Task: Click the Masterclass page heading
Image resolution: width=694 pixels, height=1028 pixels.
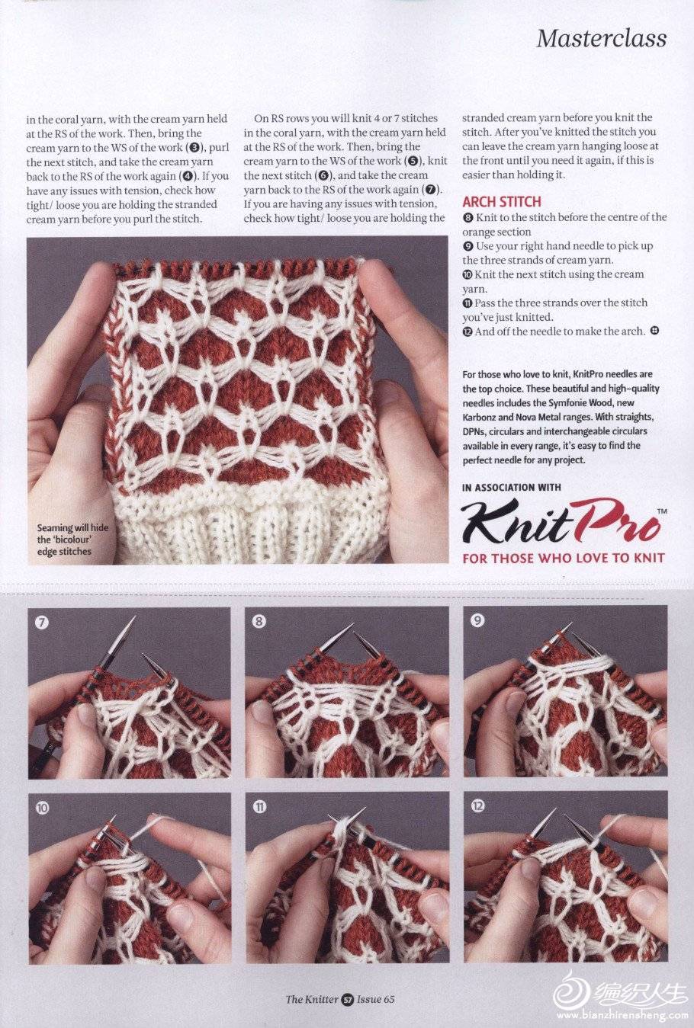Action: tap(601, 39)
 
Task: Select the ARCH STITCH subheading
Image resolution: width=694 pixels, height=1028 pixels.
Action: tap(502, 201)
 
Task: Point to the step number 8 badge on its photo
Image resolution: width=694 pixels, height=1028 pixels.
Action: tap(259, 621)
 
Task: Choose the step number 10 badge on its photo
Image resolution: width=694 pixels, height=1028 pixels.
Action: tap(42, 807)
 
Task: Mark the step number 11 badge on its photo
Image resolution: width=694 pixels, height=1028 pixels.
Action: tap(259, 806)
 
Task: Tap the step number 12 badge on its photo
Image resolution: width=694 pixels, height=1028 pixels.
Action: tap(477, 805)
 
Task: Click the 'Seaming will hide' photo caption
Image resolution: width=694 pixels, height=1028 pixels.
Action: tap(72, 540)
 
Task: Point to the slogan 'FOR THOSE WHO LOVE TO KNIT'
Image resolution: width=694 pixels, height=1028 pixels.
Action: tap(564, 559)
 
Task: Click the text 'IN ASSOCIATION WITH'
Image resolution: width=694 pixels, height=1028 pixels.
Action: tap(512, 488)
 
